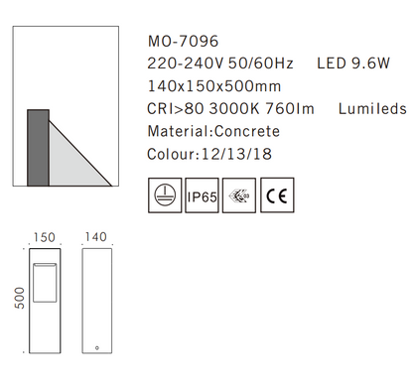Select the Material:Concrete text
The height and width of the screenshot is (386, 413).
click(x=212, y=131)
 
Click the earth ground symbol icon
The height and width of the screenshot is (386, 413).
click(x=163, y=194)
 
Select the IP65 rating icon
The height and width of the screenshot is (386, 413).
click(x=202, y=195)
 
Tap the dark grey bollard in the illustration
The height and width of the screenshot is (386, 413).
click(x=36, y=147)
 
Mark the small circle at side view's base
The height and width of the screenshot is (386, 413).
click(x=96, y=348)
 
